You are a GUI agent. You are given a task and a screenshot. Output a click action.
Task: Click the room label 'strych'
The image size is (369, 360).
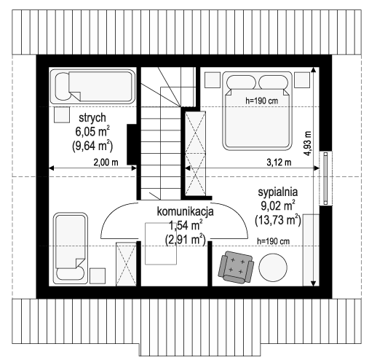[92, 118]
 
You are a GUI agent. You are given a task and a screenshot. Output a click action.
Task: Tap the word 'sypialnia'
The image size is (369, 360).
[278, 192]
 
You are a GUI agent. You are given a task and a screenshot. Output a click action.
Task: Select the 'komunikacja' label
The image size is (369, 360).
[186, 211]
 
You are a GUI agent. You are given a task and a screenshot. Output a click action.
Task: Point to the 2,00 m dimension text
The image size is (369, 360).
[106, 163]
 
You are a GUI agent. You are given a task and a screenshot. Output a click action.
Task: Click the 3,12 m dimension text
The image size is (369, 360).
[279, 163]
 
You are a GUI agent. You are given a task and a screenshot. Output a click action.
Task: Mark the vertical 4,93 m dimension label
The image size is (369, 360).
[307, 144]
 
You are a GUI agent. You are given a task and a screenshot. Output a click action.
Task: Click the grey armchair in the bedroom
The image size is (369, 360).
[236, 267]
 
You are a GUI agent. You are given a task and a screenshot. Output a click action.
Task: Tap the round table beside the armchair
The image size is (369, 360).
[273, 267]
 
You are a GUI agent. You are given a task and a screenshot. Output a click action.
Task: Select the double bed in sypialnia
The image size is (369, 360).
[257, 111]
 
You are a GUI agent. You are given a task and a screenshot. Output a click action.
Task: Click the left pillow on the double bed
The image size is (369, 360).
[241, 82]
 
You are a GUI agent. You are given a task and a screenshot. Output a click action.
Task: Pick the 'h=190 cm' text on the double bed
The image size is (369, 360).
[262, 101]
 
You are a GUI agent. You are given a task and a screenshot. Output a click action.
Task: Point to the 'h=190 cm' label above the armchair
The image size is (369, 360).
[273, 241]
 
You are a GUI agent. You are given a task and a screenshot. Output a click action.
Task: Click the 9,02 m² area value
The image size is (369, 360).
[278, 206]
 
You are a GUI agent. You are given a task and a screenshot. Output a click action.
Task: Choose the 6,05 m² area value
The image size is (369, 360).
[92, 132]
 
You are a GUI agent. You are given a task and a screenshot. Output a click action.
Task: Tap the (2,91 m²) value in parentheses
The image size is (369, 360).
[186, 240]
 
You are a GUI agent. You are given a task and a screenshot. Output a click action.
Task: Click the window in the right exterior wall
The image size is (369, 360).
[325, 178]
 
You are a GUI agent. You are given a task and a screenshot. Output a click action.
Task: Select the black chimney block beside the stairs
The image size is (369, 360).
[132, 144]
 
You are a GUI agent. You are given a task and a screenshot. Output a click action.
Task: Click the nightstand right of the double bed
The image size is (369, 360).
[302, 79]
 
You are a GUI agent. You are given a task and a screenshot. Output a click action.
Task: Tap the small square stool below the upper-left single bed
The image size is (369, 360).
[62, 115]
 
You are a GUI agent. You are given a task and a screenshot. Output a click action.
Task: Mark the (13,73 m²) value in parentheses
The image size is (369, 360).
[278, 220]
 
